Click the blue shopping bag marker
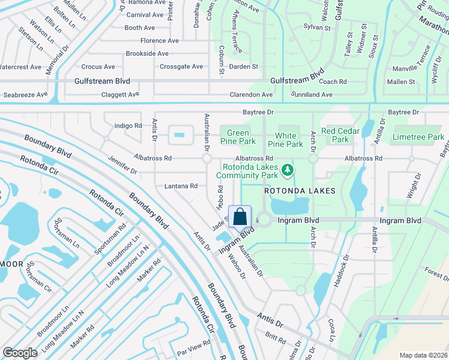coord(240,217)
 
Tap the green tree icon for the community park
coord(288,171)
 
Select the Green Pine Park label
coord(238,137)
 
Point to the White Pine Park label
coord(289,140)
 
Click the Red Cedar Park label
coord(340,135)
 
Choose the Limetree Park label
coord(418,137)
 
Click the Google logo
coord(20,352)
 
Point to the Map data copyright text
coord(424,355)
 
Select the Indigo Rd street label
coord(128,126)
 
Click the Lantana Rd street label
coord(181,187)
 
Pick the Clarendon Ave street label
coord(251,95)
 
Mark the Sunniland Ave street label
coord(312,95)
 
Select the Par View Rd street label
coord(193,343)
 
